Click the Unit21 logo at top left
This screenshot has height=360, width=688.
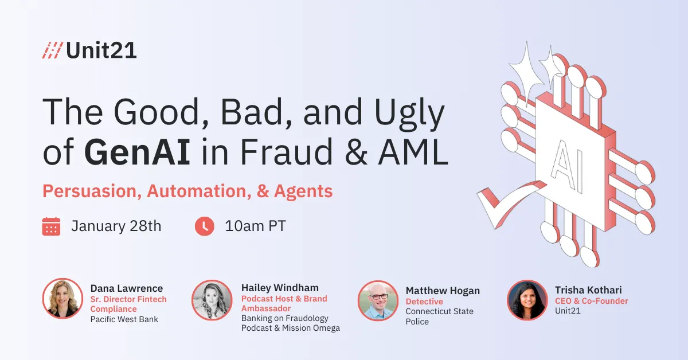click(x=89, y=50)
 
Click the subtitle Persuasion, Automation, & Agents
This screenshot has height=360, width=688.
click(x=187, y=191)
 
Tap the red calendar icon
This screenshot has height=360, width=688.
click(x=51, y=226)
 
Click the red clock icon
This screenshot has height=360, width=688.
click(x=204, y=226)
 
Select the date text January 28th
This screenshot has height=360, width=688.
click(x=116, y=226)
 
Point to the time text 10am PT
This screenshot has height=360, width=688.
click(x=255, y=226)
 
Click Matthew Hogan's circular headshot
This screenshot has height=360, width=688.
click(x=377, y=300)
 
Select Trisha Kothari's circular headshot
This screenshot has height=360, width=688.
click(x=526, y=300)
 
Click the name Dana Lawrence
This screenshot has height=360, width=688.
click(x=127, y=288)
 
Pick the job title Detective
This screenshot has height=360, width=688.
click(x=424, y=302)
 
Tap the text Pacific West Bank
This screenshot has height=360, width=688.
click(x=124, y=319)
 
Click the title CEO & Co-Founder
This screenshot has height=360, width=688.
click(x=591, y=301)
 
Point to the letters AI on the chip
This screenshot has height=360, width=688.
click(x=568, y=166)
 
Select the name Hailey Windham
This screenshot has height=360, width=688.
click(x=280, y=288)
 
